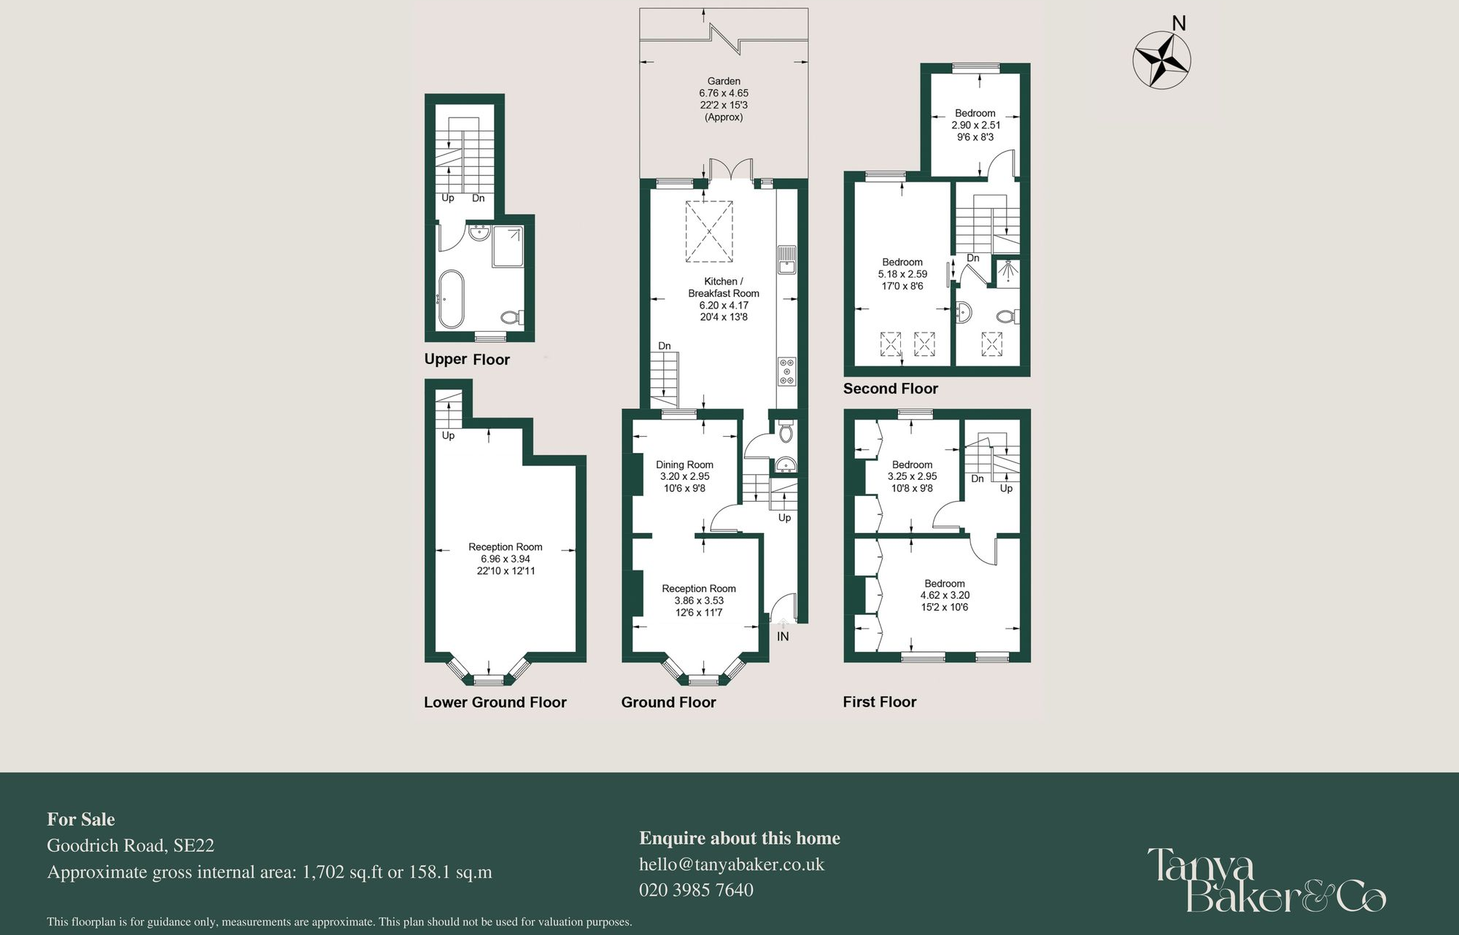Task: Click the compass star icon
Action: click(x=1161, y=60)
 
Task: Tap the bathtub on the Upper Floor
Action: click(x=451, y=299)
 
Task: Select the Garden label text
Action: click(x=724, y=82)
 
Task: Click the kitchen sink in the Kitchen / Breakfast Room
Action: click(x=786, y=260)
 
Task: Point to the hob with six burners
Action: click(x=786, y=371)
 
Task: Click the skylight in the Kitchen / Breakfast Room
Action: click(x=708, y=232)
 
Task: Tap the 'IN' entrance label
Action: click(x=783, y=637)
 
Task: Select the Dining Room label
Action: click(x=684, y=465)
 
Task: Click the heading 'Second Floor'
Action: click(x=890, y=389)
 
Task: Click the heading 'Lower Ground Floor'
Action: click(x=495, y=702)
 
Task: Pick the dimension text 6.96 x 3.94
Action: click(x=505, y=559)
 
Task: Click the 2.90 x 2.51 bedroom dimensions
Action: click(x=975, y=125)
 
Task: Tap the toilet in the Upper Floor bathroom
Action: click(x=511, y=317)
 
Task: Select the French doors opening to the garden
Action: click(x=731, y=169)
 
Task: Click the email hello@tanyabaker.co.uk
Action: click(x=731, y=864)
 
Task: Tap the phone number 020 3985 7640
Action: click(x=696, y=890)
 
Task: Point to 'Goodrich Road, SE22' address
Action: click(x=131, y=845)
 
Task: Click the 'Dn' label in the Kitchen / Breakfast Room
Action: click(x=664, y=346)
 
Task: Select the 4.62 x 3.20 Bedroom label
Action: click(x=944, y=595)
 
